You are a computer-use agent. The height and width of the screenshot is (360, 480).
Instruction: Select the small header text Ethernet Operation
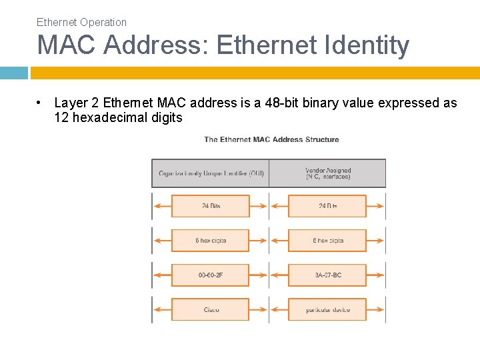pyautogui.click(x=81, y=22)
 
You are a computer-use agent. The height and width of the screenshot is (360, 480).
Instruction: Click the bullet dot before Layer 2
pyautogui.click(x=41, y=103)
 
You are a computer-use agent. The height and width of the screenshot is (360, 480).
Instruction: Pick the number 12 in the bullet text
pyautogui.click(x=61, y=118)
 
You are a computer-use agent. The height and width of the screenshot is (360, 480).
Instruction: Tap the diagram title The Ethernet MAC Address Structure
pyautogui.click(x=271, y=139)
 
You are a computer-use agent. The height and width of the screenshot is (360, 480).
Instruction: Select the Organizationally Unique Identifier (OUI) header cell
pyautogui.click(x=211, y=173)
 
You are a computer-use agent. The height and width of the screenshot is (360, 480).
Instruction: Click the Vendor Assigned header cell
pyautogui.click(x=327, y=173)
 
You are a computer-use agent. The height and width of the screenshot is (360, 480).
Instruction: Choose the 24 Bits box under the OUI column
pyautogui.click(x=211, y=206)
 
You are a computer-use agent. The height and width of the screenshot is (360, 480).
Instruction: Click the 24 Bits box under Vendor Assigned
pyautogui.click(x=327, y=206)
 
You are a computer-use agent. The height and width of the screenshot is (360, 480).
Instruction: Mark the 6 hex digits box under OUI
pyautogui.click(x=211, y=240)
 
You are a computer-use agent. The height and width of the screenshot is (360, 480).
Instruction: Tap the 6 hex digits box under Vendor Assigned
pyautogui.click(x=327, y=240)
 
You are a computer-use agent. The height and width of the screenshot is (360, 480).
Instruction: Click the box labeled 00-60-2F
pyautogui.click(x=211, y=275)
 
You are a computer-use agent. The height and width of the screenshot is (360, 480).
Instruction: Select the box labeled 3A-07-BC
pyautogui.click(x=327, y=275)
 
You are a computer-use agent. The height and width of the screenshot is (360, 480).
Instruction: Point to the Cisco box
pyautogui.click(x=211, y=309)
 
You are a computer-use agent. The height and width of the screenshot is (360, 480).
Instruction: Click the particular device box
pyautogui.click(x=327, y=309)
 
